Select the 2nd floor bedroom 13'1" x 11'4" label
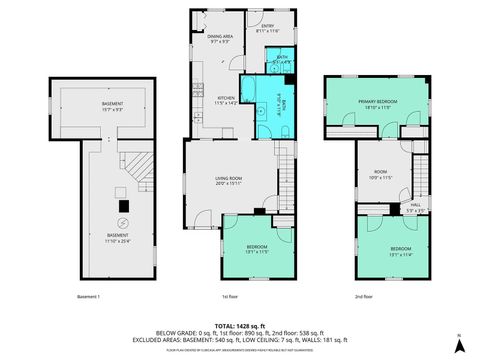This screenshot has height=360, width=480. [399, 251]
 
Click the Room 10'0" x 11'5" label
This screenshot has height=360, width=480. [381, 176]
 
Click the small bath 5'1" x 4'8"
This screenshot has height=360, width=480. [283, 60]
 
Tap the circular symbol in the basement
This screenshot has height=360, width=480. [122, 220]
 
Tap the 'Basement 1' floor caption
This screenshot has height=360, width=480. [89, 296]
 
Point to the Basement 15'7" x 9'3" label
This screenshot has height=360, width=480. [105, 107]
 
